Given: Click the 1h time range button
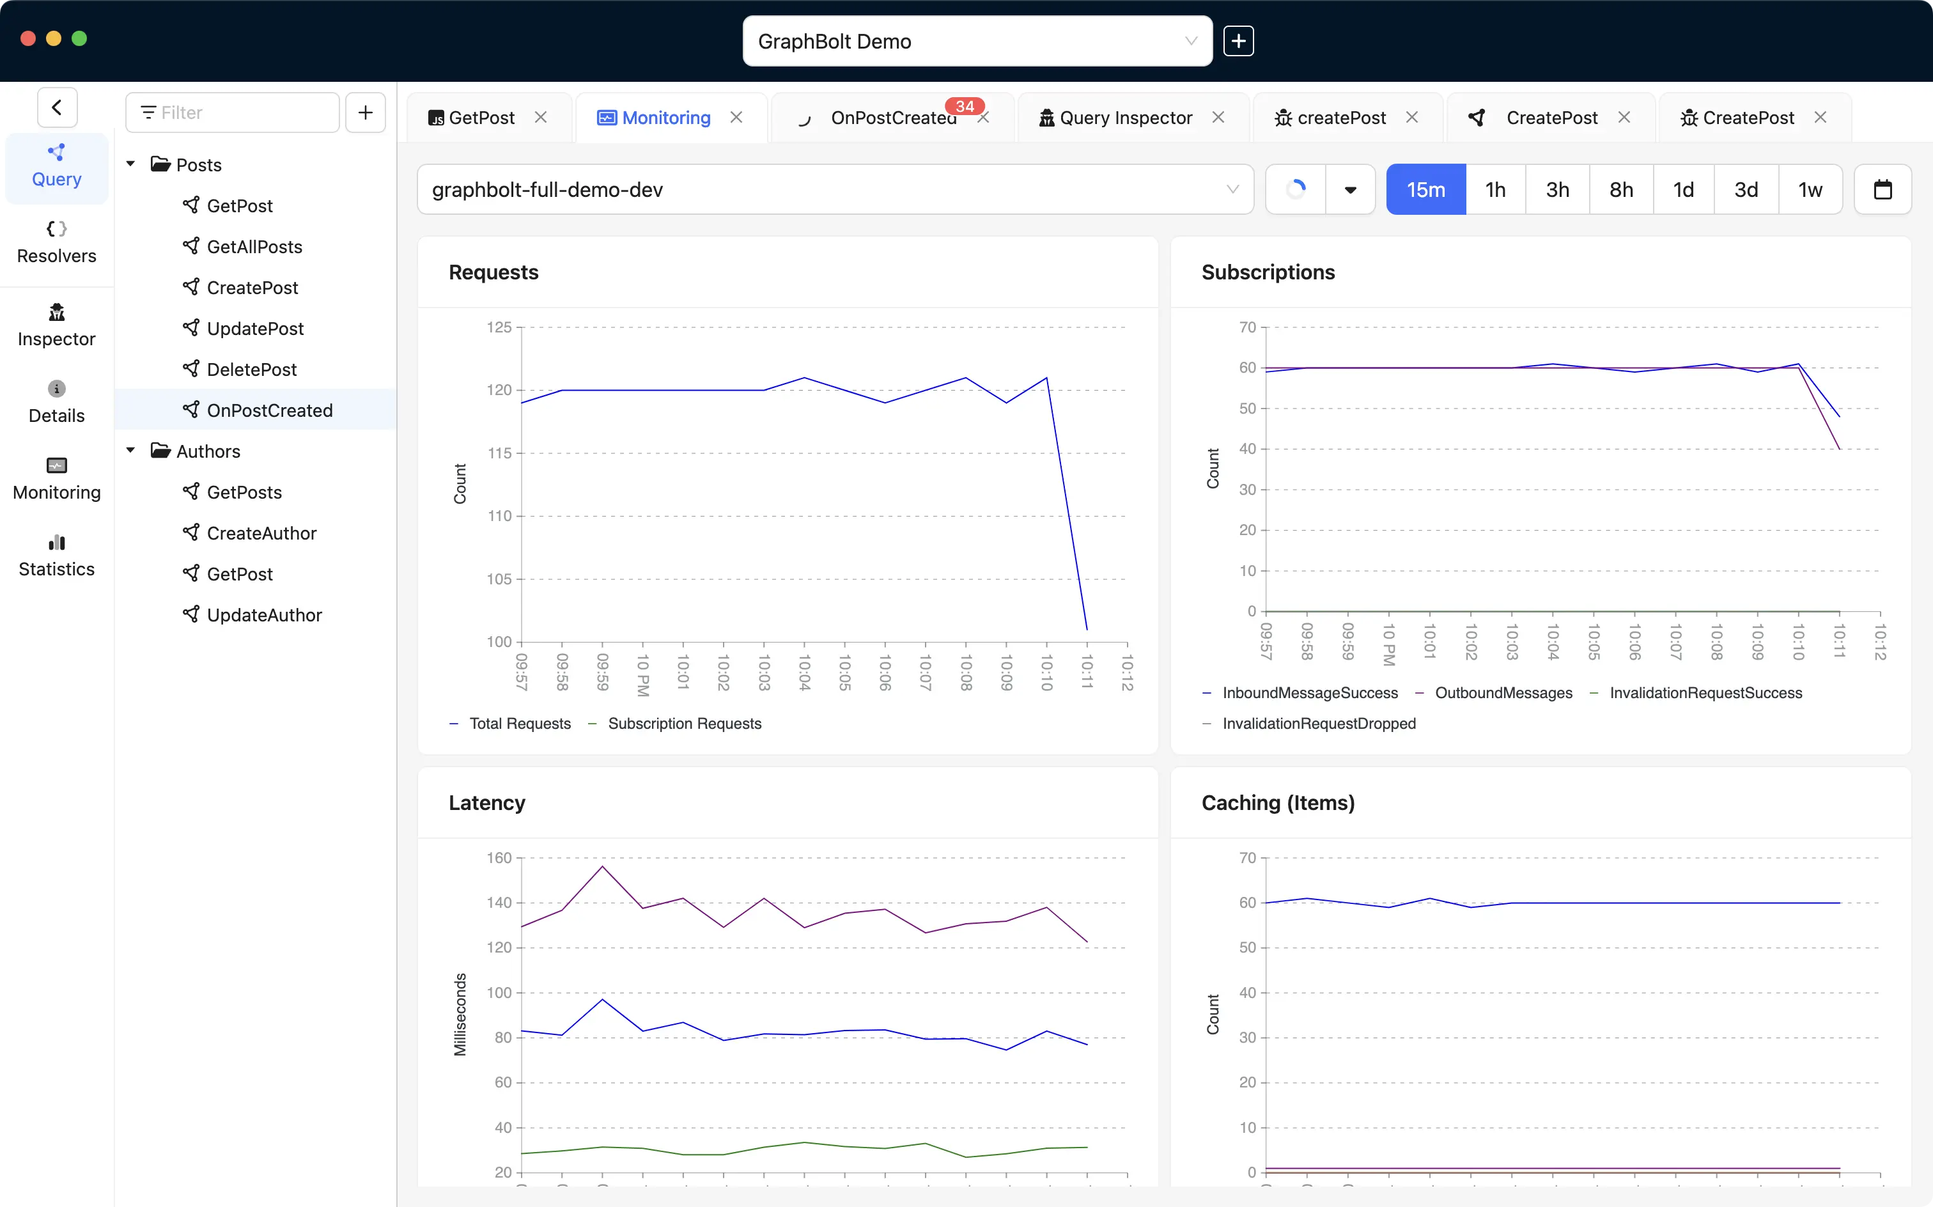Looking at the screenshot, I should [x=1495, y=190].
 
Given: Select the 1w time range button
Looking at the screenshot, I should [x=1809, y=190].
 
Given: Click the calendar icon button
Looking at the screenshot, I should [x=1883, y=190].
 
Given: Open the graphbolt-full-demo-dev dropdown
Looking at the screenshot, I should [x=835, y=190].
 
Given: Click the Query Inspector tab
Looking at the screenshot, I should [x=1125, y=118].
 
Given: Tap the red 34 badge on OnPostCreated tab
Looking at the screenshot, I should [x=964, y=106].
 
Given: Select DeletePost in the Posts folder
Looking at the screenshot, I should [x=251, y=370].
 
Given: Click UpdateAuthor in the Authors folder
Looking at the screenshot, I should [x=264, y=616].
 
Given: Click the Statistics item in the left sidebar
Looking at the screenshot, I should [x=57, y=556].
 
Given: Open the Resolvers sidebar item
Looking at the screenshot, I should [x=57, y=243].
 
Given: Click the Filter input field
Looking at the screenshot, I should [x=233, y=113].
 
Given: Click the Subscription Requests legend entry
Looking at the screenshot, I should [x=684, y=724].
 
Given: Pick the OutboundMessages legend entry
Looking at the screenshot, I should [x=1503, y=693].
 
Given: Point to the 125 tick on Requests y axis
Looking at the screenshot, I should [x=499, y=327].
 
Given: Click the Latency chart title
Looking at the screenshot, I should [x=487, y=803].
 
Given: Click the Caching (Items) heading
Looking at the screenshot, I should [x=1278, y=803].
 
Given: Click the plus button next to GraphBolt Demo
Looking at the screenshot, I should [x=1238, y=42].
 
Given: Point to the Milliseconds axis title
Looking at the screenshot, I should [x=460, y=1015].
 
